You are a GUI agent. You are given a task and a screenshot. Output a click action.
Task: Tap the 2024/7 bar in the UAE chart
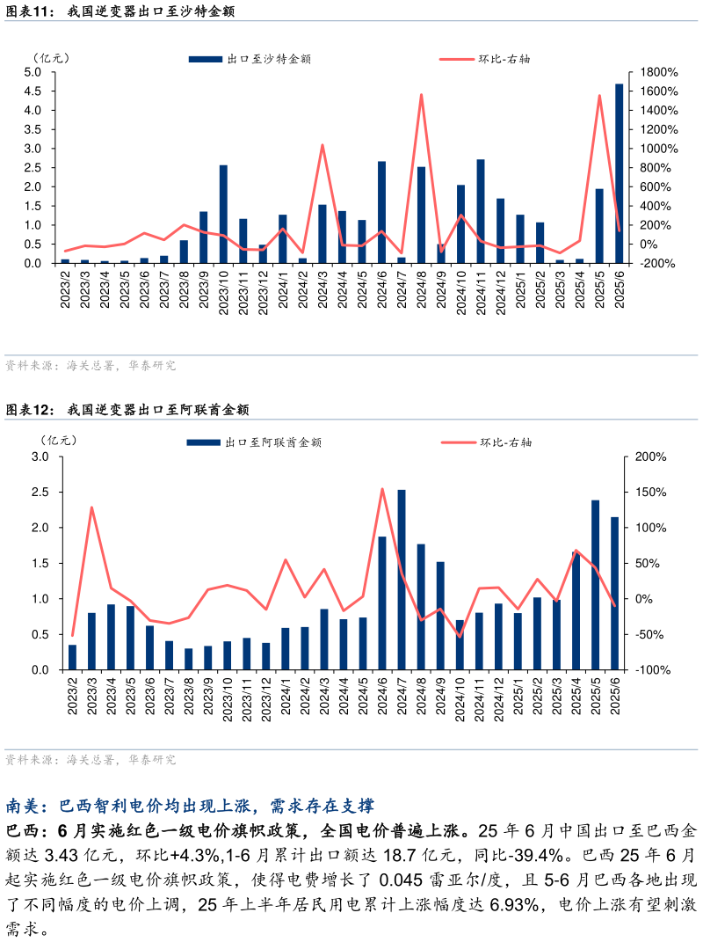tap(402, 580)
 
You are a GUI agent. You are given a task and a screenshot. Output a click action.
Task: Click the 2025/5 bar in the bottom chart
tap(596, 585)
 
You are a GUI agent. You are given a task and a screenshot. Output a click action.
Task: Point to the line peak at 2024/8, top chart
tap(422, 95)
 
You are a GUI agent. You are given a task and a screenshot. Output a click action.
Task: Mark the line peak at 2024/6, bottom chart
tap(382, 489)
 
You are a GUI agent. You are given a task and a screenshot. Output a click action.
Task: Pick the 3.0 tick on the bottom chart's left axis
tap(40, 456)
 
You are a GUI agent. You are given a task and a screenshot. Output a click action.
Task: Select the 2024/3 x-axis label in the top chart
tap(323, 290)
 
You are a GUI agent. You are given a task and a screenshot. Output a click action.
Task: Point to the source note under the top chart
tap(91, 365)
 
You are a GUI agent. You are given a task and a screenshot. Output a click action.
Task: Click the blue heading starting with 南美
tap(190, 806)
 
